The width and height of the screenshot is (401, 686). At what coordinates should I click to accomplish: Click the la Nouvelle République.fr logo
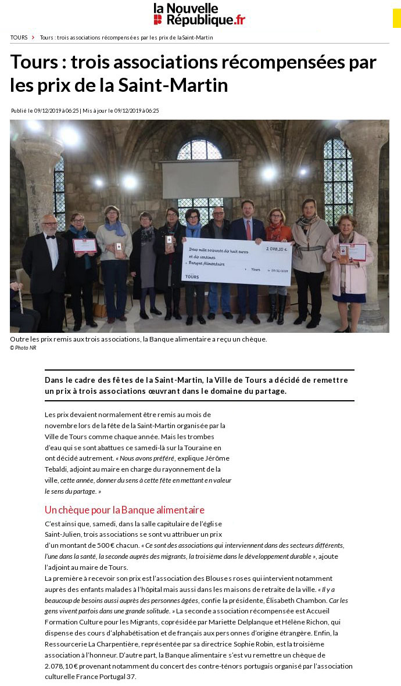(199, 14)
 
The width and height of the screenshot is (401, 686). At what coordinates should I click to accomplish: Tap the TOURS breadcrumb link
(19, 38)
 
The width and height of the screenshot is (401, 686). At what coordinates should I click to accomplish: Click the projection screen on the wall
(200, 179)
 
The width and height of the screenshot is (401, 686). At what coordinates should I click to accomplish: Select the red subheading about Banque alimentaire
(124, 510)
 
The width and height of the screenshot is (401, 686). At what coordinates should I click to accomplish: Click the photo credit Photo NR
(23, 348)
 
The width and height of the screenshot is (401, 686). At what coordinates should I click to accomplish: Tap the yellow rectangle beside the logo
(396, 17)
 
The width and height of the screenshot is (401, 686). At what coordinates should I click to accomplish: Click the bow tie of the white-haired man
(51, 237)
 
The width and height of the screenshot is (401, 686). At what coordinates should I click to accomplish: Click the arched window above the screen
(199, 150)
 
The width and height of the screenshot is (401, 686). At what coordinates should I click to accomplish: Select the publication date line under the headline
(85, 110)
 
